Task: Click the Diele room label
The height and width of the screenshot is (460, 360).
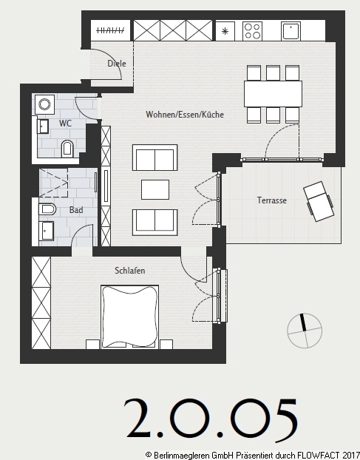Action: click(x=117, y=64)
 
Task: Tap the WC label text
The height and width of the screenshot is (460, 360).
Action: click(x=65, y=124)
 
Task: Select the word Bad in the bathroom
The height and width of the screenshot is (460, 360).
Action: click(x=76, y=210)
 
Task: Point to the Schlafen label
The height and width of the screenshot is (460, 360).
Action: click(x=130, y=271)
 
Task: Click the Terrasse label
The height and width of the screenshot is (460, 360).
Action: click(x=272, y=200)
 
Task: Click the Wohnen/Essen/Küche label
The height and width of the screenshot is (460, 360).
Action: click(x=185, y=115)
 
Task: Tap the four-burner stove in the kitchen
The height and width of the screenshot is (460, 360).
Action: click(x=252, y=31)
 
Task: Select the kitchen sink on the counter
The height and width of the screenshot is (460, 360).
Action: click(x=291, y=31)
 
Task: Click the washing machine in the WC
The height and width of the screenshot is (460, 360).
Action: click(x=44, y=104)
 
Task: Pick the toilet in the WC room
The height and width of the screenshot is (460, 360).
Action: click(x=67, y=149)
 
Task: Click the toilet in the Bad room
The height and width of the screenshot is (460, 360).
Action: click(x=47, y=209)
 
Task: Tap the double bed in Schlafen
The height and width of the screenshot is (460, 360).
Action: click(x=129, y=317)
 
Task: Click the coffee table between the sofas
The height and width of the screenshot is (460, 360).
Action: click(x=155, y=189)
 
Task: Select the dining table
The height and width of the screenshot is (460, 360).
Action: click(x=273, y=94)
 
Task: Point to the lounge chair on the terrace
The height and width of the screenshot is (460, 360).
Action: click(x=319, y=201)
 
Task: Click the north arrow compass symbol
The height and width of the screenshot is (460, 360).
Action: click(x=305, y=331)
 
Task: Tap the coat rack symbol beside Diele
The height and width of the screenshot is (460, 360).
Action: click(x=110, y=30)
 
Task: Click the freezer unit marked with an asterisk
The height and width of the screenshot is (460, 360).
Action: click(x=225, y=31)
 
